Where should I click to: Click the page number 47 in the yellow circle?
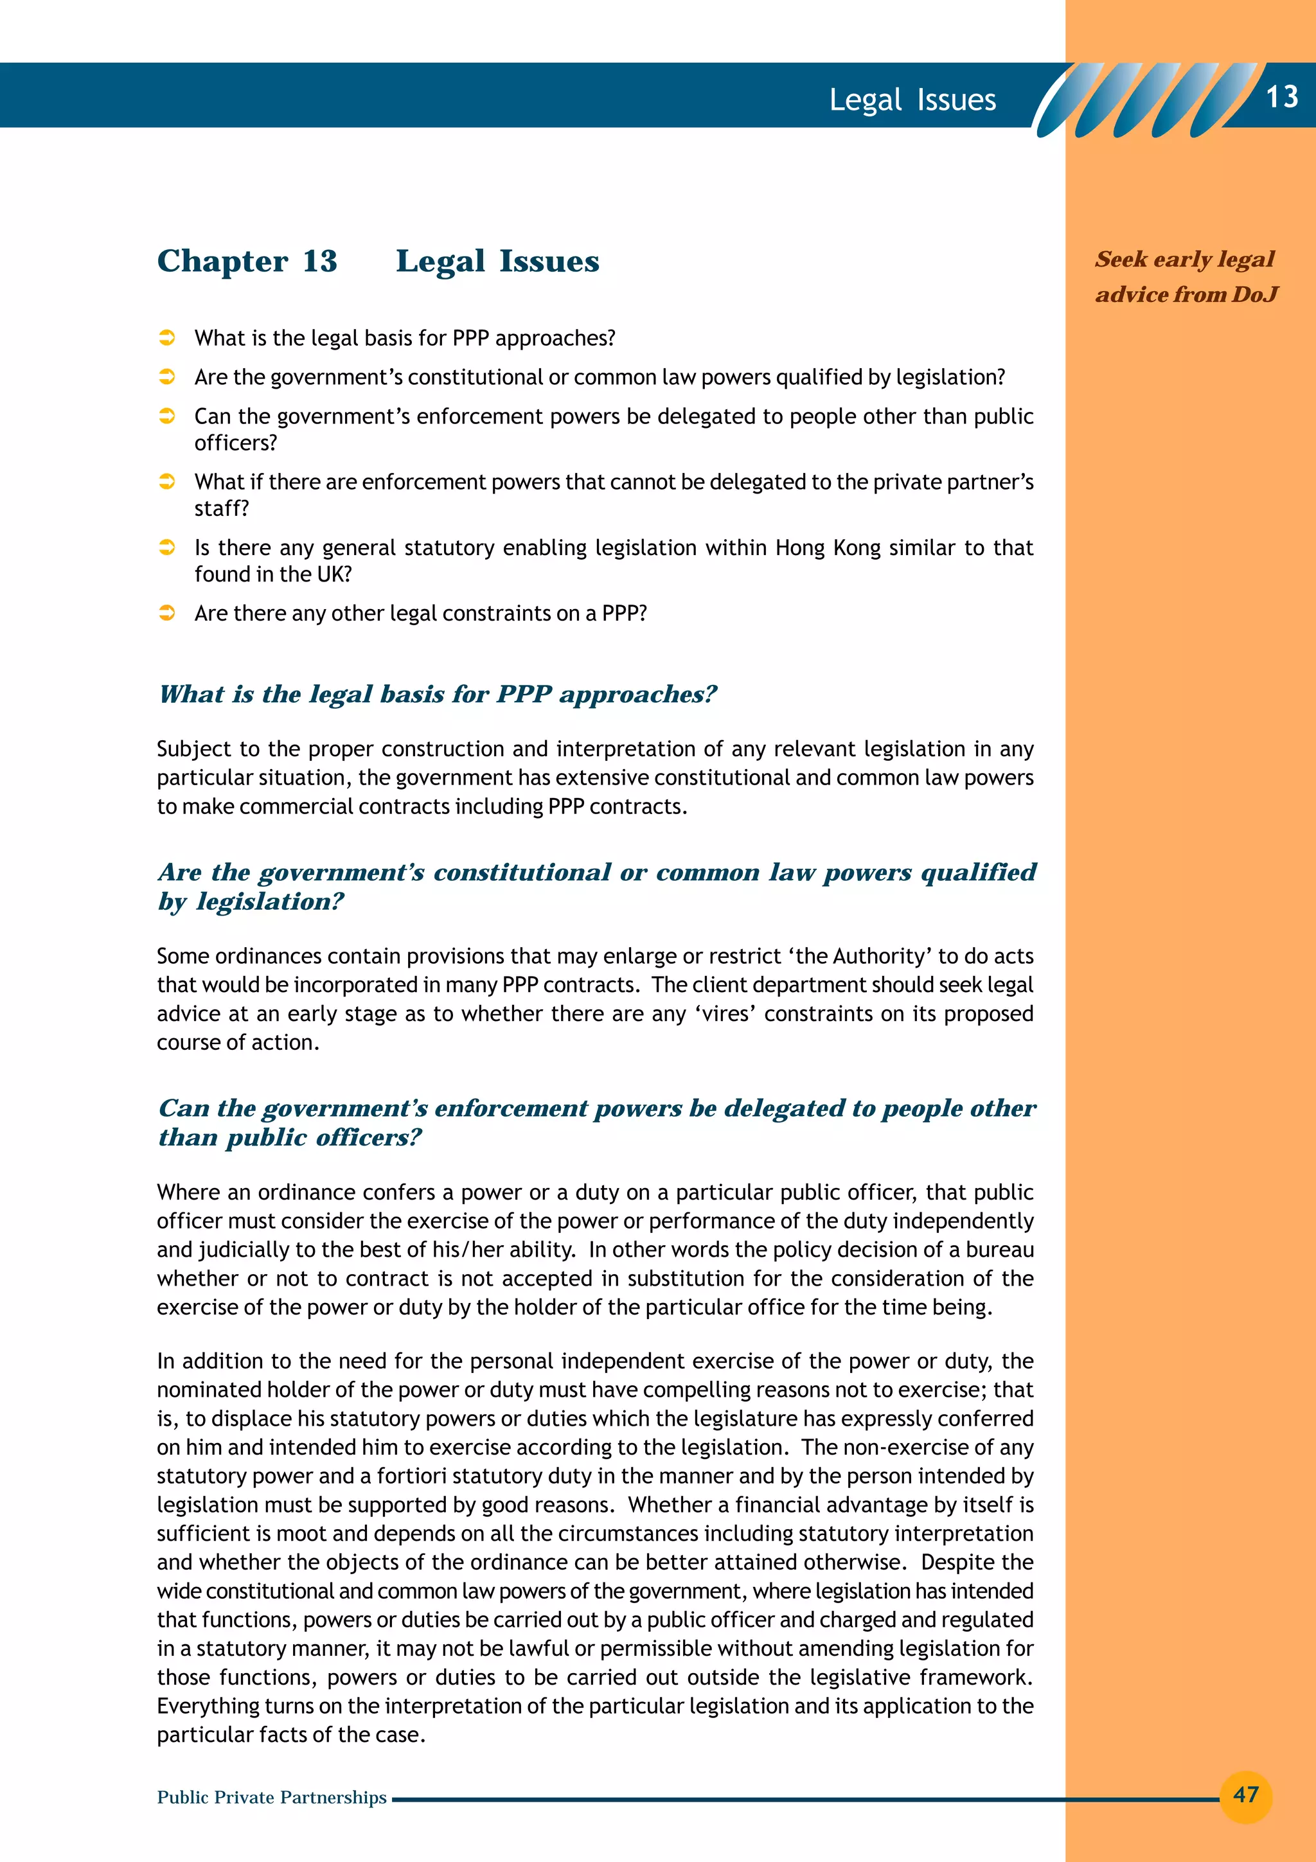tap(1245, 1794)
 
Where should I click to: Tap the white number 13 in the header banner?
tap(1281, 96)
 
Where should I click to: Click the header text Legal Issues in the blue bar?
tap(912, 100)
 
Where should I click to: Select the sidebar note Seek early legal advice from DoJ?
tap(1186, 276)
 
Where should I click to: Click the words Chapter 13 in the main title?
tap(247, 261)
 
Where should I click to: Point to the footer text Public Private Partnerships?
tap(272, 1797)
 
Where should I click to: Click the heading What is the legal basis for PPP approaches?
tap(438, 694)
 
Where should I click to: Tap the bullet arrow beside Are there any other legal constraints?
tap(167, 613)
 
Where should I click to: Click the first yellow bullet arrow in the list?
tap(167, 338)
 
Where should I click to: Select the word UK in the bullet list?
tap(333, 574)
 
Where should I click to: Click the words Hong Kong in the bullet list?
tap(828, 547)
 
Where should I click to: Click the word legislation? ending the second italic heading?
tap(271, 902)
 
